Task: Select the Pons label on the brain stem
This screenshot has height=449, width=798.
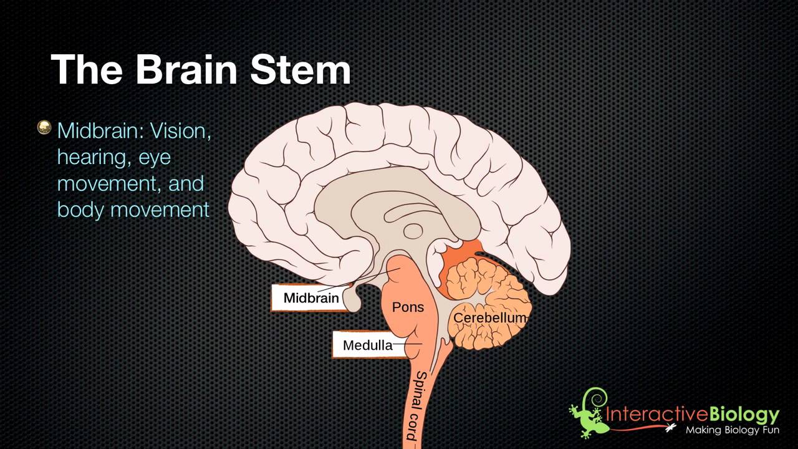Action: pyautogui.click(x=408, y=307)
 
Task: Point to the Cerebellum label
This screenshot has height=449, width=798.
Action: pyautogui.click(x=490, y=318)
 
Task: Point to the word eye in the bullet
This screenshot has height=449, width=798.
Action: pyautogui.click(x=155, y=158)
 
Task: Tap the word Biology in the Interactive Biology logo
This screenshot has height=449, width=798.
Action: pyautogui.click(x=744, y=414)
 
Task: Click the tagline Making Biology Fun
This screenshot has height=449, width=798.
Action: pyautogui.click(x=732, y=430)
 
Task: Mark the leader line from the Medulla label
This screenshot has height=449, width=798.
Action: pyautogui.click(x=408, y=344)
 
